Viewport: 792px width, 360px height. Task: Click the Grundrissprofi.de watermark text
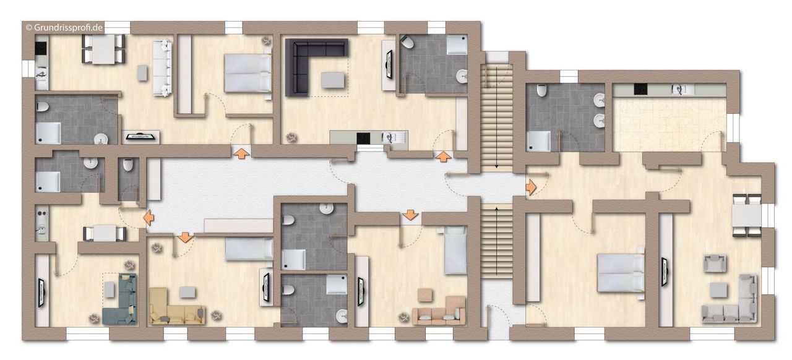pos(64,28)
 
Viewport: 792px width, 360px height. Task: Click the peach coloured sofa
pos(439,311)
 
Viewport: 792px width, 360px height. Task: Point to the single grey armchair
pos(715,263)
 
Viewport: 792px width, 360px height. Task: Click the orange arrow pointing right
pos(531,187)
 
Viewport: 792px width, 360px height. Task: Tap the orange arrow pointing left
pos(148,217)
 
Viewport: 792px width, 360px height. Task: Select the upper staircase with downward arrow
pos(496,118)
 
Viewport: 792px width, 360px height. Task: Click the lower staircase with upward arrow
pos(496,241)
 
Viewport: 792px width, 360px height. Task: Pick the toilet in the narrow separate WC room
pos(127,165)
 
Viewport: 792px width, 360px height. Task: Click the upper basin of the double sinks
pos(599,100)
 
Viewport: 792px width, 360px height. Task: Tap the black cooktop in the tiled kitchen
pos(640,90)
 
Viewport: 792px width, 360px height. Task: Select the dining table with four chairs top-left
pos(103,49)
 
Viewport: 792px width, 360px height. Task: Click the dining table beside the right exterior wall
pos(746,215)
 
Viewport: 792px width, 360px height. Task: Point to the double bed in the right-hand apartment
pos(620,273)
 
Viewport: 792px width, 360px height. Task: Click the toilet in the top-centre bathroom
pos(407,43)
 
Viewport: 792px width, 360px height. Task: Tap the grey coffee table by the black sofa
pos(333,80)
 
